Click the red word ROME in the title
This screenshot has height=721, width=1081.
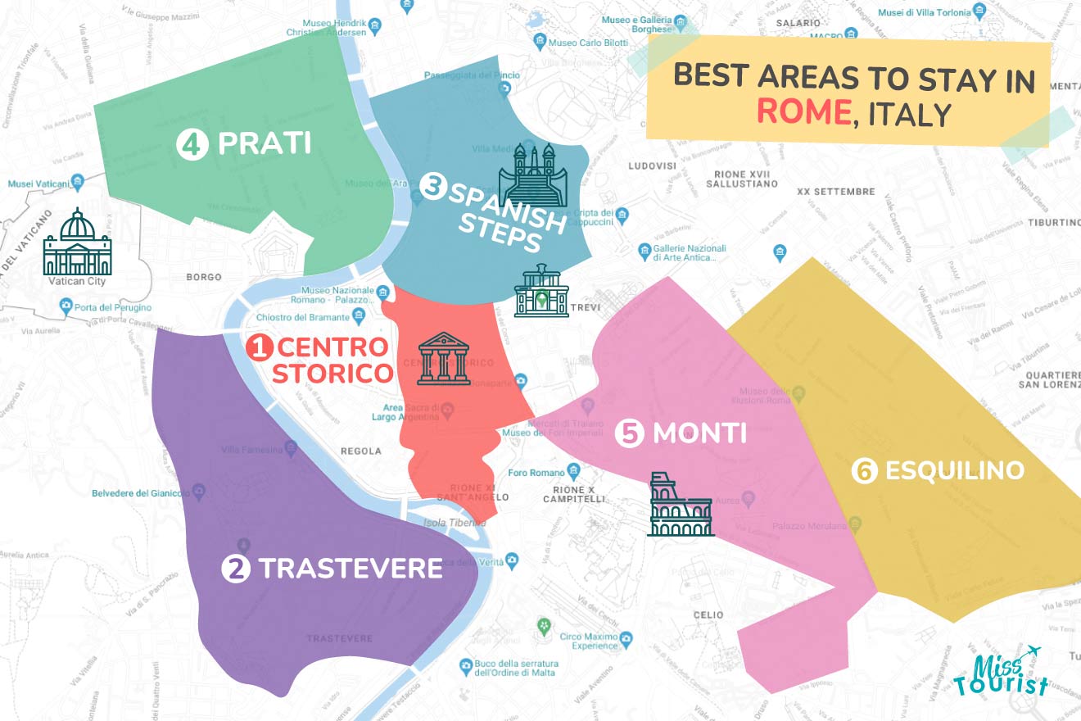[803, 112]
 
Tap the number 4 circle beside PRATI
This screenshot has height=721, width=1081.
[190, 145]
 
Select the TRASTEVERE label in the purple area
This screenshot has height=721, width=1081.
[351, 568]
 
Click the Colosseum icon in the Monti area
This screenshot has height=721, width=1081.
[680, 505]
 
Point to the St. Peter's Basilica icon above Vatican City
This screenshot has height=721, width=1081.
[77, 243]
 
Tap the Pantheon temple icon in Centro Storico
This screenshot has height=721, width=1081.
[444, 359]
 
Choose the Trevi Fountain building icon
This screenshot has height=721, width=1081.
[540, 291]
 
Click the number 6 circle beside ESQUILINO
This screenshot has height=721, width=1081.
[864, 470]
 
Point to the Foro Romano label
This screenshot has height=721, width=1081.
[536, 473]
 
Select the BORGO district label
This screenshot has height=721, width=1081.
[204, 277]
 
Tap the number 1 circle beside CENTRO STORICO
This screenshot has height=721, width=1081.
[258, 348]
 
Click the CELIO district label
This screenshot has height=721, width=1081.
[708, 614]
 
